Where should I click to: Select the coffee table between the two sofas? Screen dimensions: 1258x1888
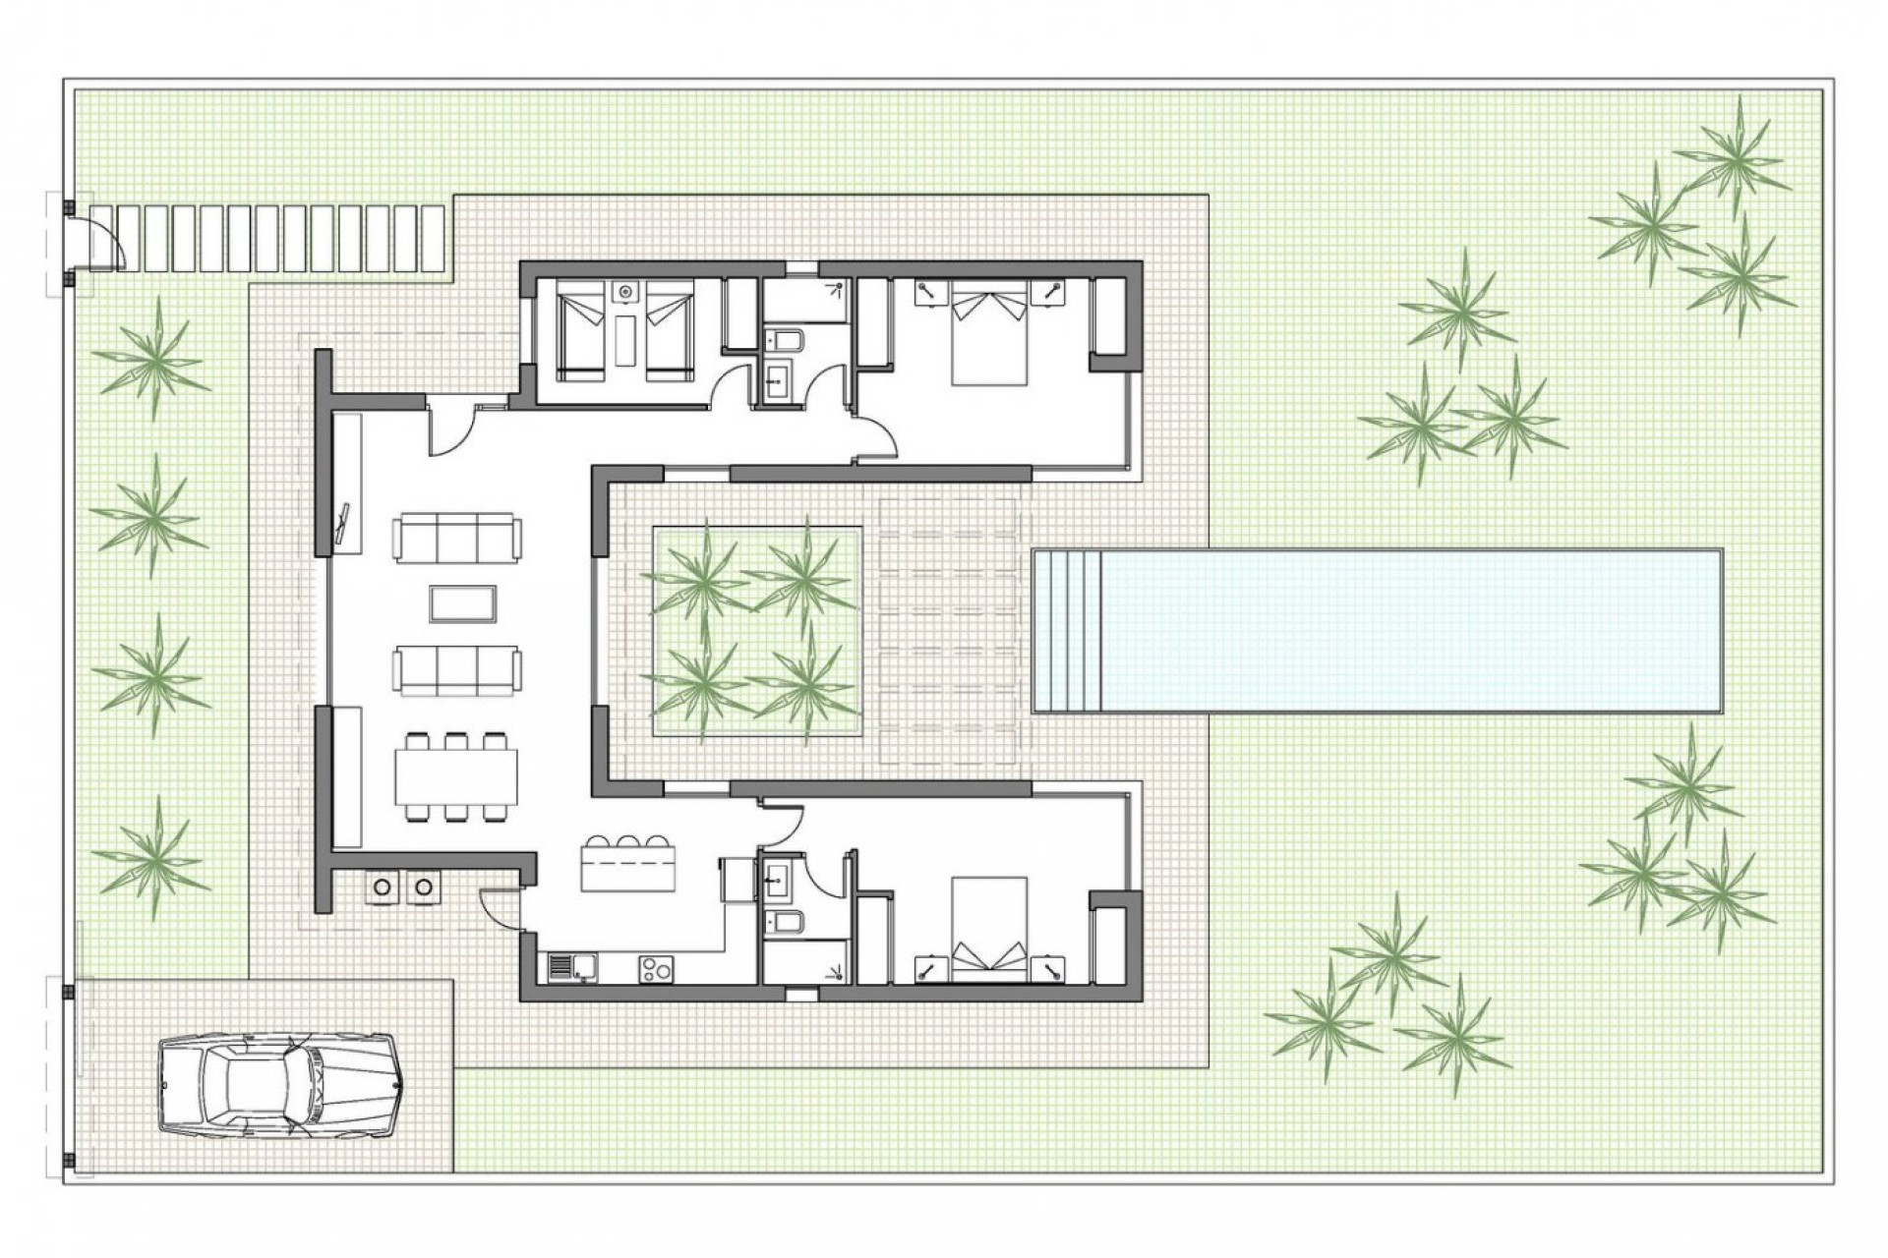[462, 603]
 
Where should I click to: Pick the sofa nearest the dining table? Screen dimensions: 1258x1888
[457, 670]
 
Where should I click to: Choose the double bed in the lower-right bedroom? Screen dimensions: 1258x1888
[989, 928]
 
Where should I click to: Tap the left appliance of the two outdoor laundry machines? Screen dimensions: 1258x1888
[382, 887]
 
